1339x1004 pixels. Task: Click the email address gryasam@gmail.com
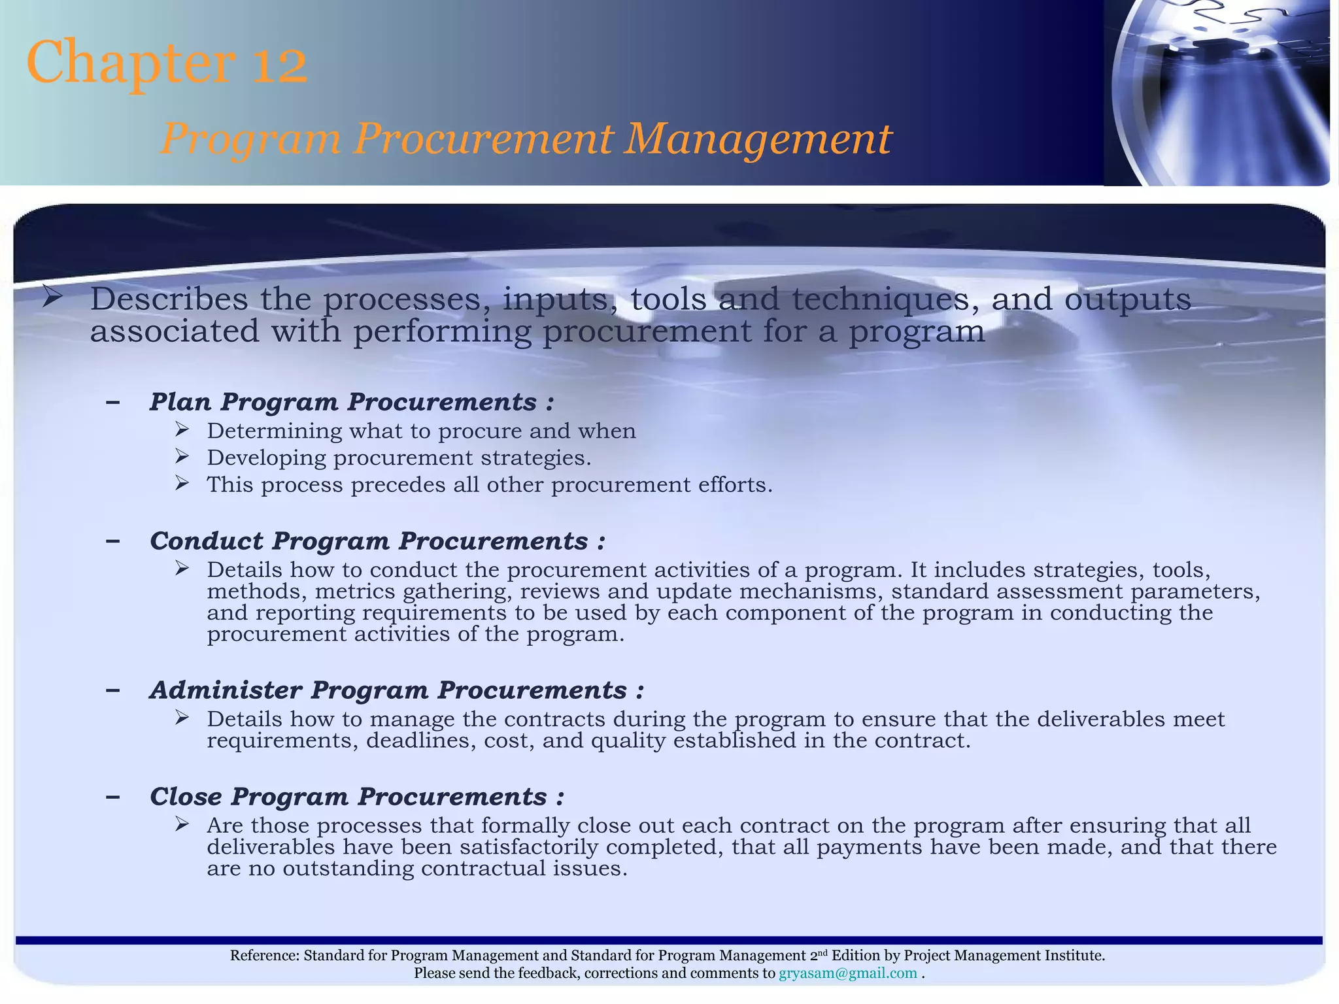[x=847, y=973]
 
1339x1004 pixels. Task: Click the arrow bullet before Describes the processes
[x=52, y=298]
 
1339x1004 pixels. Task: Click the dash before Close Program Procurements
[x=112, y=797]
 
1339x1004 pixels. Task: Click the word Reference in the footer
[x=263, y=956]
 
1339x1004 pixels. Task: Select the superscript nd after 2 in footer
[x=821, y=952]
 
